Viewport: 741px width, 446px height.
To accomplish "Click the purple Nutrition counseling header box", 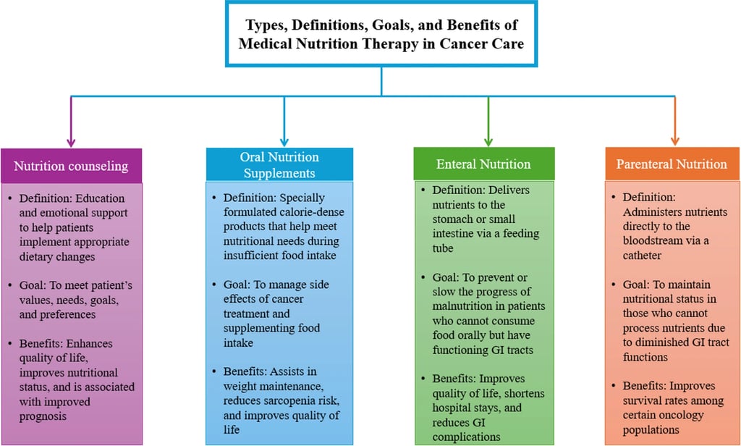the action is point(71,166).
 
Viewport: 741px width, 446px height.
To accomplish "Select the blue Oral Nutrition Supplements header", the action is point(279,165).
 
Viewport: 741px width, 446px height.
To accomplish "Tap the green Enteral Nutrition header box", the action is point(483,164).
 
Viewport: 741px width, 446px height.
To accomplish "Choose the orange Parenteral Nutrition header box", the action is point(672,164).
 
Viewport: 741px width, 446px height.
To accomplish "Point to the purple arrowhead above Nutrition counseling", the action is point(71,140).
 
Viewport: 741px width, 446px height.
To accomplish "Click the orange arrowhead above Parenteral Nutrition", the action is point(674,140).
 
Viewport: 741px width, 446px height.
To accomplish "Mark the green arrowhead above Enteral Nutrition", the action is point(489,140).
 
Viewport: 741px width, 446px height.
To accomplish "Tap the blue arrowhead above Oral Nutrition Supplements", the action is point(284,140).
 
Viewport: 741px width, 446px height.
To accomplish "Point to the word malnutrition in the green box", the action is point(466,306).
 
